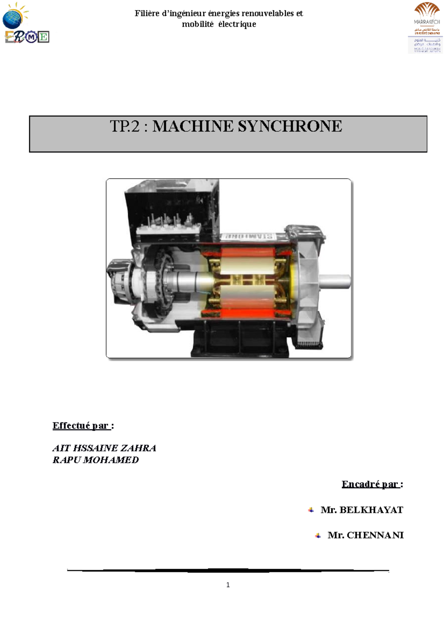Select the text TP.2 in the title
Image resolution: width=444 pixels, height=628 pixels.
pyautogui.click(x=125, y=126)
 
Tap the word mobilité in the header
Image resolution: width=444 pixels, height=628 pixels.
pyautogui.click(x=198, y=24)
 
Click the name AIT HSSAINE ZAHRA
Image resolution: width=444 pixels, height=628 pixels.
pyautogui.click(x=104, y=448)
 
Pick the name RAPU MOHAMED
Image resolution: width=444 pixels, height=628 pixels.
pyautogui.click(x=96, y=460)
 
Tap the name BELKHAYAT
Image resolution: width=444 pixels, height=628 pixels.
pyautogui.click(x=371, y=510)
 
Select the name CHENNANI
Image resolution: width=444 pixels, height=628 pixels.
pyautogui.click(x=375, y=535)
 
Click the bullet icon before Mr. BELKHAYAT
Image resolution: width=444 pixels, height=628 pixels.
pyautogui.click(x=311, y=510)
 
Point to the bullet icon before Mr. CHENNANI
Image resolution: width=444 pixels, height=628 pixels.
pyautogui.click(x=318, y=535)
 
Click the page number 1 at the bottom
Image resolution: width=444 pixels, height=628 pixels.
pyautogui.click(x=228, y=585)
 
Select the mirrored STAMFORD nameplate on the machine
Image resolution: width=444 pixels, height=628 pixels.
pyautogui.click(x=247, y=236)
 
